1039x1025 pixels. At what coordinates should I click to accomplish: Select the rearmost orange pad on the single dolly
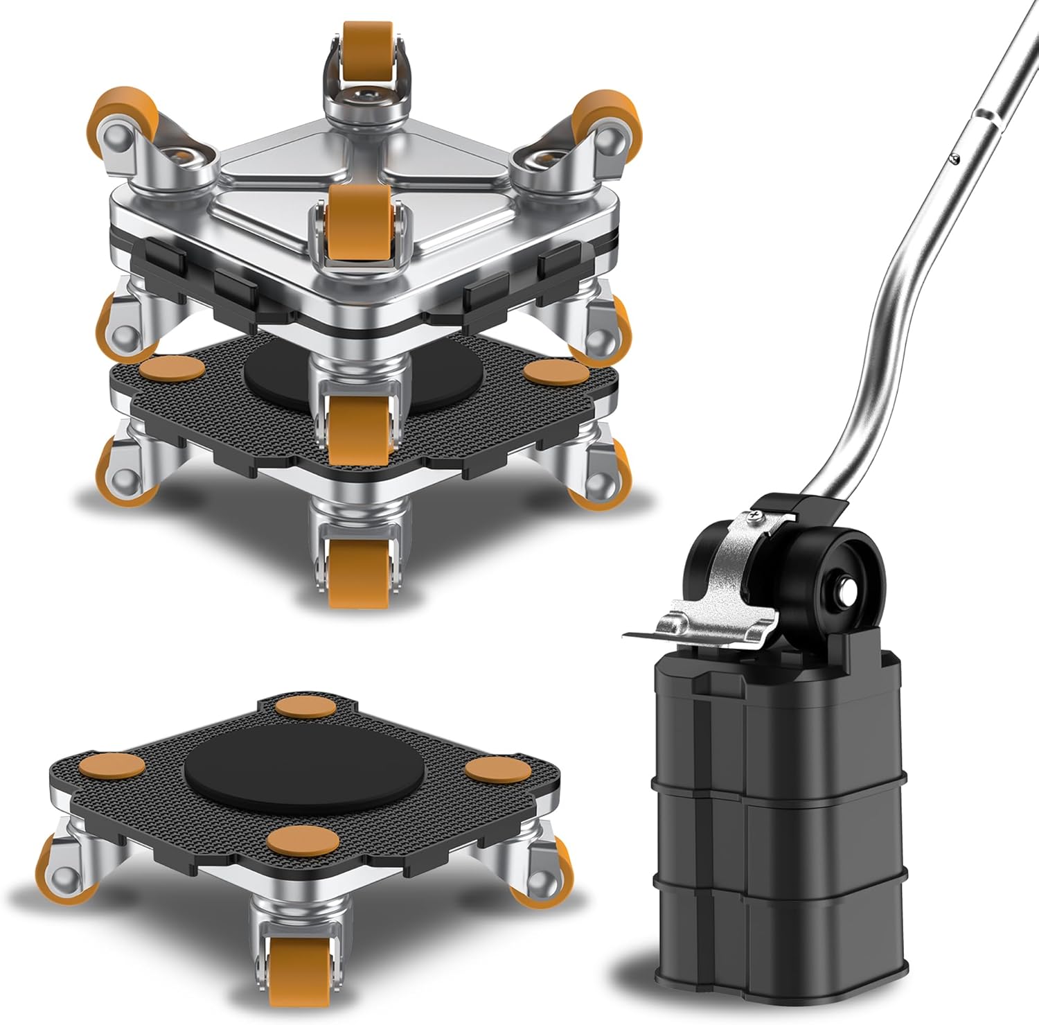click(x=303, y=708)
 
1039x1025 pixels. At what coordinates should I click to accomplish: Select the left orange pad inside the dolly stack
click(x=168, y=367)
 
